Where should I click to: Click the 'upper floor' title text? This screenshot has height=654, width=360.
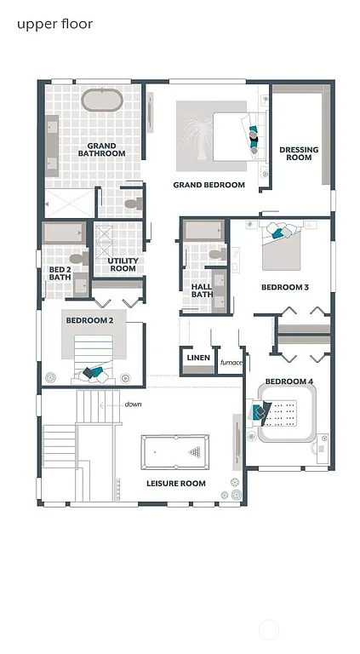(54, 24)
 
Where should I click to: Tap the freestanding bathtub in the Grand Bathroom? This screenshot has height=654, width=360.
(102, 100)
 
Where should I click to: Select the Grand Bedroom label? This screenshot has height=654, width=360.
(209, 185)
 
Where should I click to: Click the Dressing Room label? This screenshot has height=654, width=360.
(299, 153)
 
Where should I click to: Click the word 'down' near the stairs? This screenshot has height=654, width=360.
(133, 404)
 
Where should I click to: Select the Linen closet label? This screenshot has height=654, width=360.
(197, 359)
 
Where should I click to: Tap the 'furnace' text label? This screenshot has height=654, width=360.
(231, 363)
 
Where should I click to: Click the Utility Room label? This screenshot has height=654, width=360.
(123, 265)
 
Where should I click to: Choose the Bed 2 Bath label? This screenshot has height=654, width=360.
(60, 272)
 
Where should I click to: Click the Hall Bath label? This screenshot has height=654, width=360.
(202, 291)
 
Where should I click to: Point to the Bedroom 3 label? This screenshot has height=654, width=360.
(284, 288)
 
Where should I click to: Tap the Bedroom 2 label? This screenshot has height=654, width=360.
(89, 320)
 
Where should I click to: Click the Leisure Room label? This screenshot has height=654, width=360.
(175, 484)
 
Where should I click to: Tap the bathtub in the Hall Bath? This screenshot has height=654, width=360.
(203, 231)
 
